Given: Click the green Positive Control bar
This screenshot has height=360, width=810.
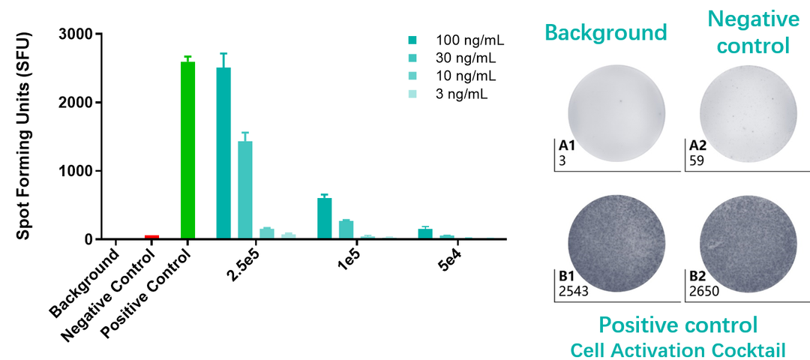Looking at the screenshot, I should [187, 150].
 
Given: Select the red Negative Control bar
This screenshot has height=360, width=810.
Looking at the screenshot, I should [151, 237].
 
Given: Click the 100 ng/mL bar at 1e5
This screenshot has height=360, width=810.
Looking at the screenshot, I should [324, 219].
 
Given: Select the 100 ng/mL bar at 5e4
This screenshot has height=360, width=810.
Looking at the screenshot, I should [425, 234].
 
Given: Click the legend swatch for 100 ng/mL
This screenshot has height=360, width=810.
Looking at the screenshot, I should [412, 39].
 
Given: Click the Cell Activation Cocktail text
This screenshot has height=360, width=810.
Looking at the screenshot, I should [677, 349].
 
